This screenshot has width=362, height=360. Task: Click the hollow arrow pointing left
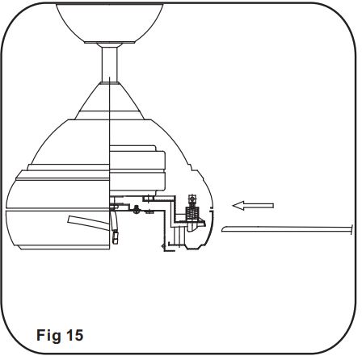pos(252,206)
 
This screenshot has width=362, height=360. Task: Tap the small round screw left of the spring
pos(139,211)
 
